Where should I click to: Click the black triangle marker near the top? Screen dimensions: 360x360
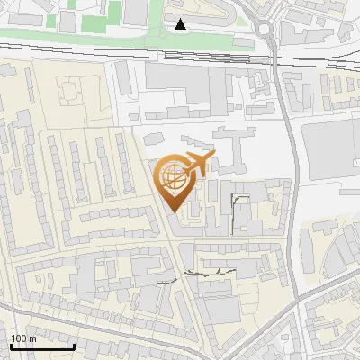tap(182, 24)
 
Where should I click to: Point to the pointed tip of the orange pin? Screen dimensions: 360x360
tap(173, 212)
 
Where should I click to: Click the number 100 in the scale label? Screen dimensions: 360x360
tap(18, 338)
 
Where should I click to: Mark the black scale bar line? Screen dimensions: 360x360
tap(41, 346)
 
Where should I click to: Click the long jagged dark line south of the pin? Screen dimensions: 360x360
tap(211, 270)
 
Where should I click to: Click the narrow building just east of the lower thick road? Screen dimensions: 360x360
tap(310, 252)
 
